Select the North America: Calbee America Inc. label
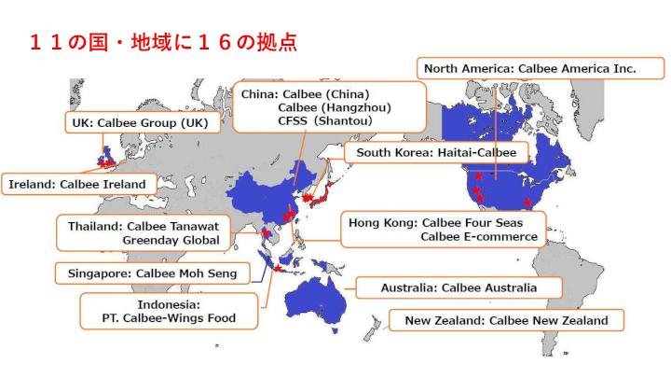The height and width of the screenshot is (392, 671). coord(529,68)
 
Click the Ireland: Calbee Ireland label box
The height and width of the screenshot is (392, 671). coord(77,184)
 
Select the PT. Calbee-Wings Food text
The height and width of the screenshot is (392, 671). coord(169,318)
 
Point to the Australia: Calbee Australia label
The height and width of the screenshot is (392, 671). coord(459,288)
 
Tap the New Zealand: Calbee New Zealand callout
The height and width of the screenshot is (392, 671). coord(506,321)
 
